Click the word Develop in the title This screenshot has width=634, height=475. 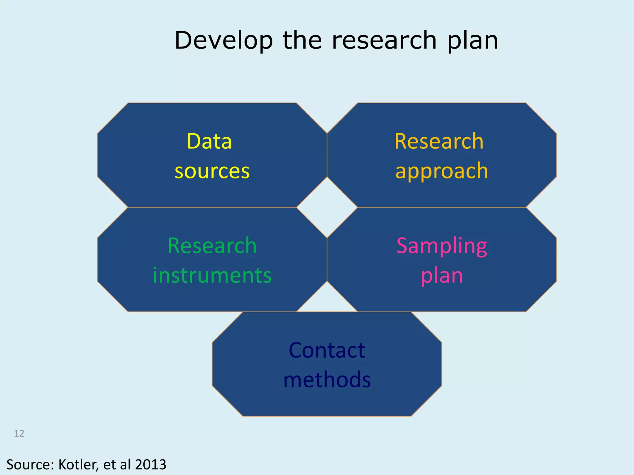click(224, 41)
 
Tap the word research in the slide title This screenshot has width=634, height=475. click(384, 41)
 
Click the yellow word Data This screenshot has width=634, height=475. click(209, 141)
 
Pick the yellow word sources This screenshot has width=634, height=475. click(212, 171)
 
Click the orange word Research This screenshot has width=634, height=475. click(439, 141)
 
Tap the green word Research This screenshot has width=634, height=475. click(212, 246)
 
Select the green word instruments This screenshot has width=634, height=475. click(212, 276)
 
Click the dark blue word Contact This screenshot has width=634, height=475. click(327, 350)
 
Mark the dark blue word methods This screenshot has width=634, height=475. click(327, 380)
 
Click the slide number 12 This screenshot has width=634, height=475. click(19, 434)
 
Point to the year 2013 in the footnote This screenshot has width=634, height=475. click(150, 465)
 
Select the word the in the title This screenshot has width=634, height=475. click(302, 41)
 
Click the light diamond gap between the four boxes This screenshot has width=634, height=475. click(327, 207)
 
